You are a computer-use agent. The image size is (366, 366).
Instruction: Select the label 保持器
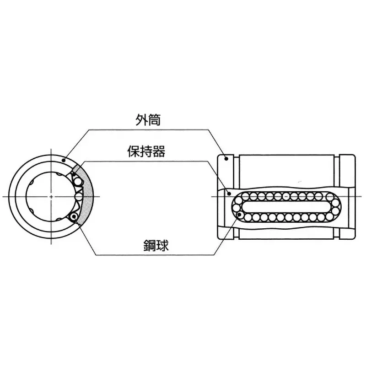146,151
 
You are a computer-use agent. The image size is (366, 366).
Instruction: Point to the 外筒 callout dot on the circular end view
64,159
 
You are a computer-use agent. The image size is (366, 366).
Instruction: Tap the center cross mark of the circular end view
51,196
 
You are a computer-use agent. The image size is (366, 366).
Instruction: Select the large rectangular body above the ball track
287,169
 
